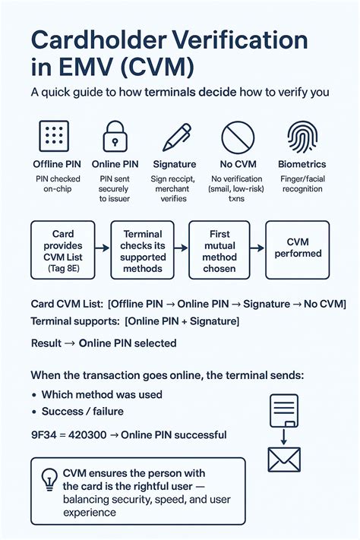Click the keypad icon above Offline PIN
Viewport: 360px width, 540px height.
tap(52, 137)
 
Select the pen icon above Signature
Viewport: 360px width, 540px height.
tap(175, 137)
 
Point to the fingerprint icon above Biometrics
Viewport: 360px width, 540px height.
tap(302, 137)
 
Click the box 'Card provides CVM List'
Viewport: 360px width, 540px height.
tap(63, 250)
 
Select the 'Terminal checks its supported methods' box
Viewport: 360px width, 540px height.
tap(142, 250)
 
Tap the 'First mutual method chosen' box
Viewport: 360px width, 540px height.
tap(219, 250)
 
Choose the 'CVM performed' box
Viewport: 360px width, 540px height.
tap(297, 250)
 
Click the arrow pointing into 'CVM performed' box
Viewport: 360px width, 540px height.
tap(257, 250)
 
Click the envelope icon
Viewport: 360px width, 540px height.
tap(285, 459)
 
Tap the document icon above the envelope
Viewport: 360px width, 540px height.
tap(283, 412)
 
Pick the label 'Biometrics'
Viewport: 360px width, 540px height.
tap(302, 164)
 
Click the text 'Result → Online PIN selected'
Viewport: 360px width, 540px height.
tap(103, 343)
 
